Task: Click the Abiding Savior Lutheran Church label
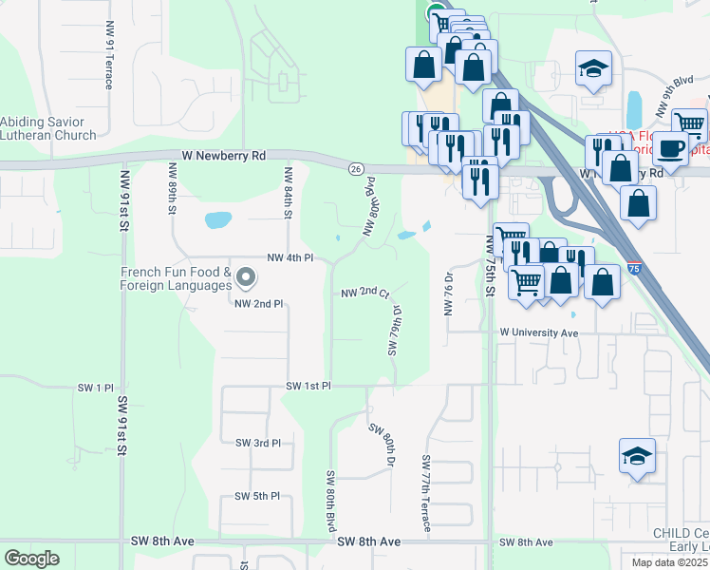[x=48, y=128]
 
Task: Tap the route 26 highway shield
[x=356, y=168]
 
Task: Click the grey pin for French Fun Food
[x=246, y=278]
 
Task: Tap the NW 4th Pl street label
[x=290, y=257]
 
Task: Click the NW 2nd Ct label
[x=365, y=293]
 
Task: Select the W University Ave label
[x=540, y=333]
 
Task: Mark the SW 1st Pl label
[x=308, y=387]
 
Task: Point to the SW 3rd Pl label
[x=257, y=443]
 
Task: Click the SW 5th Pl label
[x=257, y=496]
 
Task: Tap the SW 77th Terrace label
[x=426, y=493]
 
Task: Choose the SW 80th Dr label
[x=380, y=442]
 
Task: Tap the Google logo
[x=31, y=559]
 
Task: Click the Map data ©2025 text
[x=669, y=562]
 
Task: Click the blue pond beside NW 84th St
[x=218, y=221]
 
